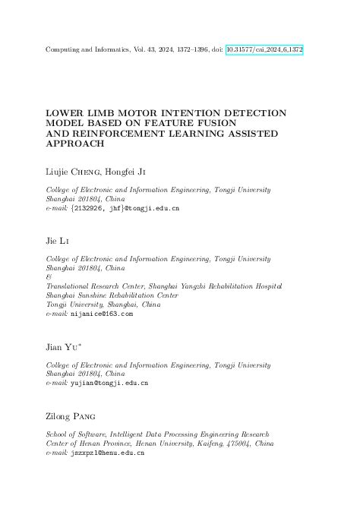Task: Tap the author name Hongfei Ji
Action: point(125,172)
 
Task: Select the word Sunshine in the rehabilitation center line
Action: point(93,295)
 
